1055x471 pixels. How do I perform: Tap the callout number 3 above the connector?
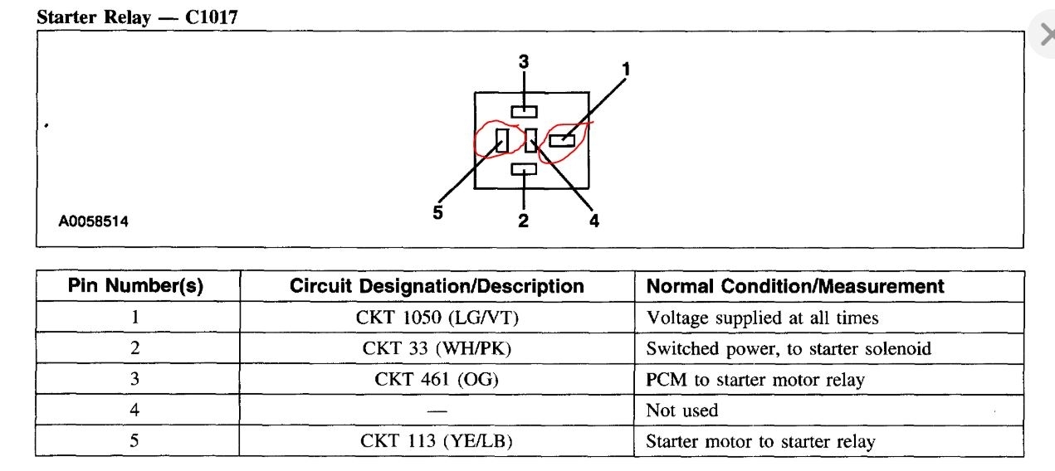coord(524,61)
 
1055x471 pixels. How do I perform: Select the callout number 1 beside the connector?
coord(626,70)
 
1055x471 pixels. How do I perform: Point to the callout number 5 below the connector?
coord(437,212)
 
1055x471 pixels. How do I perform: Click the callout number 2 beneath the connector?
coord(524,221)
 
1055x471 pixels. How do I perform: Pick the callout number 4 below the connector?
coord(594,221)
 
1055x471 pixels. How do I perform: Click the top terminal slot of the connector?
coord(524,111)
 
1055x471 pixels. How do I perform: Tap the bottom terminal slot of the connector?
coord(524,169)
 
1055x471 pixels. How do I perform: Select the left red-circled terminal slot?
coord(502,140)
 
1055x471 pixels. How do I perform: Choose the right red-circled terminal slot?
coord(562,140)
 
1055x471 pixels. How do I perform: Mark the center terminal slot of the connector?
coord(530,140)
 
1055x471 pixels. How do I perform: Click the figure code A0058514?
coord(93,222)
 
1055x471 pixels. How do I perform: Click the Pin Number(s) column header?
coord(135,287)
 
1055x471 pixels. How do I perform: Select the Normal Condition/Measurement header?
coord(795,287)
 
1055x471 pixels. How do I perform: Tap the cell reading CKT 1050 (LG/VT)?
coord(437,318)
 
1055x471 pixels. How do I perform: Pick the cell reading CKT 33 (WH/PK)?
coord(437,348)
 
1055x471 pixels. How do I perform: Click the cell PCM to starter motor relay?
coord(755,380)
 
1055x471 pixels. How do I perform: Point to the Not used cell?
coord(682,410)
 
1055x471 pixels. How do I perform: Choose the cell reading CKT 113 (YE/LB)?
coord(437,441)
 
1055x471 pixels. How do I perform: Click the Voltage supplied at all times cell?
coord(762,318)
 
